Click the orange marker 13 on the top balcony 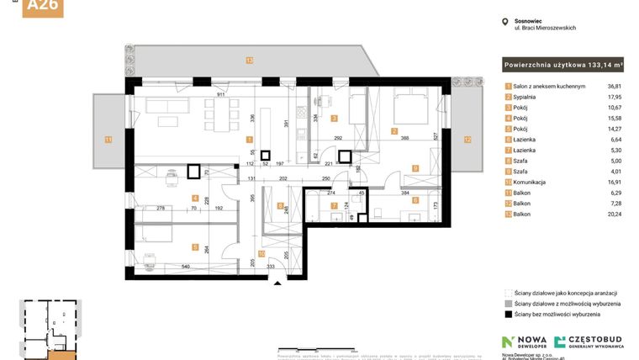pos(249,60)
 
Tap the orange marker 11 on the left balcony pos(108,139)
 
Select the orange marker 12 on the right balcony pos(467,139)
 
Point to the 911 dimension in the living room pos(220,95)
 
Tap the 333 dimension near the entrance pos(271,267)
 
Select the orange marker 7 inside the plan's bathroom pos(334,204)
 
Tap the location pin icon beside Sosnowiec pos(504,23)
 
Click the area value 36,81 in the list pos(619,87)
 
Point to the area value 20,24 pos(619,214)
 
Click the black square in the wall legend pos(508,314)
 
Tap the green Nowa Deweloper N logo pos(508,341)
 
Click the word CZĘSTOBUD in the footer pos(596,338)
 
